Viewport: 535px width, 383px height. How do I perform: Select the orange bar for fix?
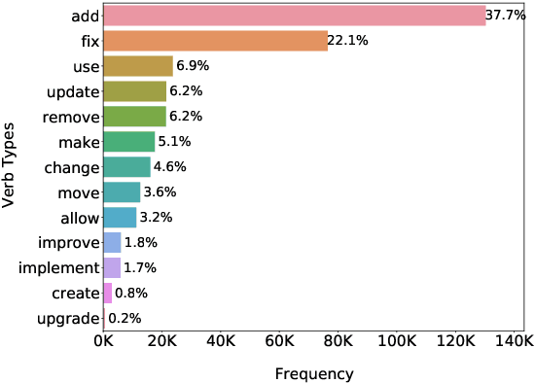point(215,41)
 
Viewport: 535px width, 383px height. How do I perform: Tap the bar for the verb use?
point(137,66)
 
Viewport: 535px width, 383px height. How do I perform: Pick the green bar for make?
point(128,142)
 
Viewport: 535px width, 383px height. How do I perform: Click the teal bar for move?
point(121,191)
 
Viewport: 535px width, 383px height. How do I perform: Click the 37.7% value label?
point(505,16)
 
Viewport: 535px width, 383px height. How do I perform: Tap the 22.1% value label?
point(348,41)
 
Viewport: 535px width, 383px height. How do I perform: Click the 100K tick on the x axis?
point(397,341)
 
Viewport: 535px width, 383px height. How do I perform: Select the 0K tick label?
point(103,341)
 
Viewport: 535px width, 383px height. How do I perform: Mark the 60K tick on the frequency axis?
point(279,341)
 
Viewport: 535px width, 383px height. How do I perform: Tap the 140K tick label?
point(516,341)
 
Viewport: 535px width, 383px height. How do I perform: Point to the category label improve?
point(69,242)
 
